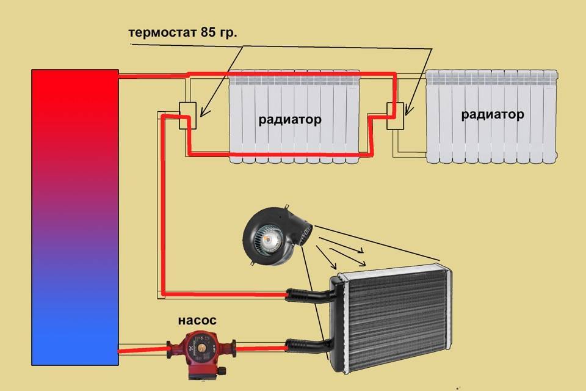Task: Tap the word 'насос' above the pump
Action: tap(197, 320)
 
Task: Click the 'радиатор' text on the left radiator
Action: tap(289, 120)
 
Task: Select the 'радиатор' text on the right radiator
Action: tap(493, 114)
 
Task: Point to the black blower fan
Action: tap(275, 235)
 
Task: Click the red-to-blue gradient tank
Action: tap(75, 214)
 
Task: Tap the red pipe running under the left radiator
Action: tap(281, 153)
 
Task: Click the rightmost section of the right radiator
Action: tap(551, 116)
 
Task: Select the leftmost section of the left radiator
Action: tap(236, 116)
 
